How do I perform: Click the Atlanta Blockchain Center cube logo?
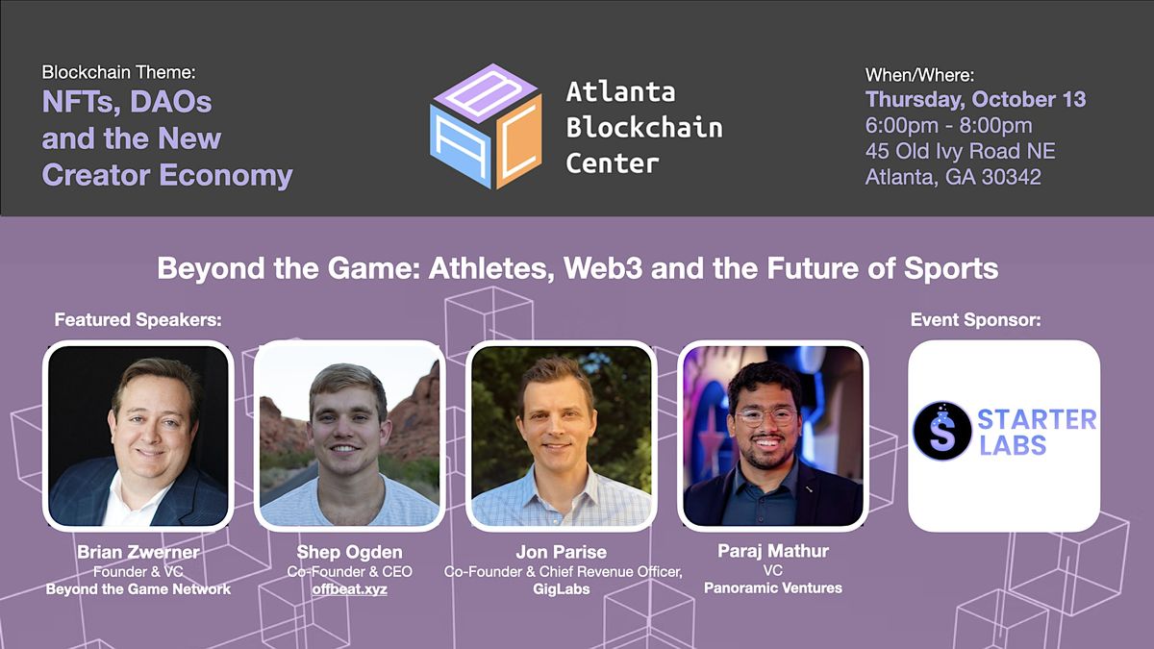point(487,126)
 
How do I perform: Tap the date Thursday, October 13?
point(975,99)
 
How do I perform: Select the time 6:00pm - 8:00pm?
point(948,125)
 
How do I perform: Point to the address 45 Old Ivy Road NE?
point(960,151)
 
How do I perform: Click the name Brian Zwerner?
point(138,553)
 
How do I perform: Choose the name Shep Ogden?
point(349,553)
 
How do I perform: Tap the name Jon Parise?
point(562,553)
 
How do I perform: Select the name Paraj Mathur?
point(773,551)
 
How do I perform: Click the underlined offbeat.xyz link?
point(349,588)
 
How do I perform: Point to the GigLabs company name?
point(562,588)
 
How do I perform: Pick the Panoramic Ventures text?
point(773,587)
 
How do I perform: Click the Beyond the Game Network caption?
point(138,588)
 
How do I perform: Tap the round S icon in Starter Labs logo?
point(941,430)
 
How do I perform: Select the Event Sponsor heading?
point(975,320)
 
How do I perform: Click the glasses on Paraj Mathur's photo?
point(766,416)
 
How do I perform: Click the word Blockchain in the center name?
point(643,127)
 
